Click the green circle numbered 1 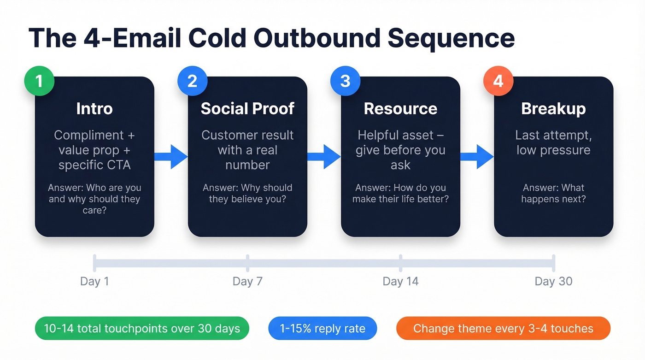pos(39,81)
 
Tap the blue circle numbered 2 pos(192,81)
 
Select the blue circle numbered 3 pos(345,81)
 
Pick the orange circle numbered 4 pos(498,81)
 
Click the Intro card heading pos(94,109)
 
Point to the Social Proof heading pos(247,109)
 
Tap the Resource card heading pos(400,109)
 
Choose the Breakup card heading pos(553,109)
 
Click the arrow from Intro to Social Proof pos(171,157)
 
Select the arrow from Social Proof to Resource pos(324,157)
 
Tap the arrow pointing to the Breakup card pos(477,157)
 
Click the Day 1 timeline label pos(94,281)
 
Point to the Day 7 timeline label pos(247,281)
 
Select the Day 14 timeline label pos(400,281)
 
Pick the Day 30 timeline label pos(553,281)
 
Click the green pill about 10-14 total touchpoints pos(142,329)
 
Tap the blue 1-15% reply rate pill pos(322,329)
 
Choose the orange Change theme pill pos(503,329)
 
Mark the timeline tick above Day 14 pos(400,263)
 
